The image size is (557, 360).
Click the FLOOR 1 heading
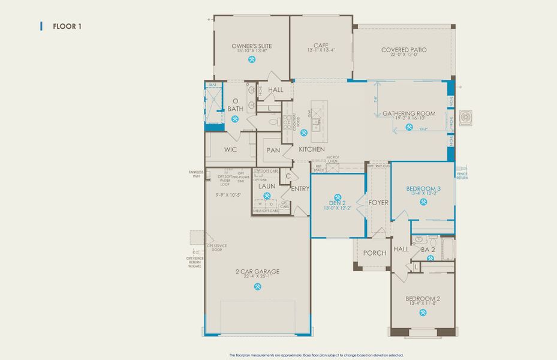67,26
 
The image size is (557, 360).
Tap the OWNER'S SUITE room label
252,46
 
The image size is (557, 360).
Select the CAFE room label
320,45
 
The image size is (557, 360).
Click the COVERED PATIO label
404,50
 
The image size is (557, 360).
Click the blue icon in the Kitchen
304,132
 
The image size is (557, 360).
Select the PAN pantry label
273,150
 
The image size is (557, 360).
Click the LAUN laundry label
267,186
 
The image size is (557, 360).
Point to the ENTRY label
300,188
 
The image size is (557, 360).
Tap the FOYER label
378,203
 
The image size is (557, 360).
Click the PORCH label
375,253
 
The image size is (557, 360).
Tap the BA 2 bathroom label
427,249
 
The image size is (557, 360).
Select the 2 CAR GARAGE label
258,271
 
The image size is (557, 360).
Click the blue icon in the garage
258,286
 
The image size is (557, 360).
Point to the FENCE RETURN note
462,176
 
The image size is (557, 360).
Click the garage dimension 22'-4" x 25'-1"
258,277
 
